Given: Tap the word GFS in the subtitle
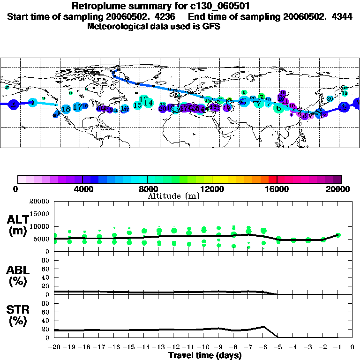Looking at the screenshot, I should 211,26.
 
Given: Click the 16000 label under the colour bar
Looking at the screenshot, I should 277,189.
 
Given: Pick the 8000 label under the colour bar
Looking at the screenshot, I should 147,189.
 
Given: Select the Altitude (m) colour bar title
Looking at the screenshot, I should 174,196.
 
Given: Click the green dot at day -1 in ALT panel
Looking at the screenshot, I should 338,235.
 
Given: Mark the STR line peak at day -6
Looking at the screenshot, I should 263,327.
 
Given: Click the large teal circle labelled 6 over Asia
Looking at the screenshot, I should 279,108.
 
